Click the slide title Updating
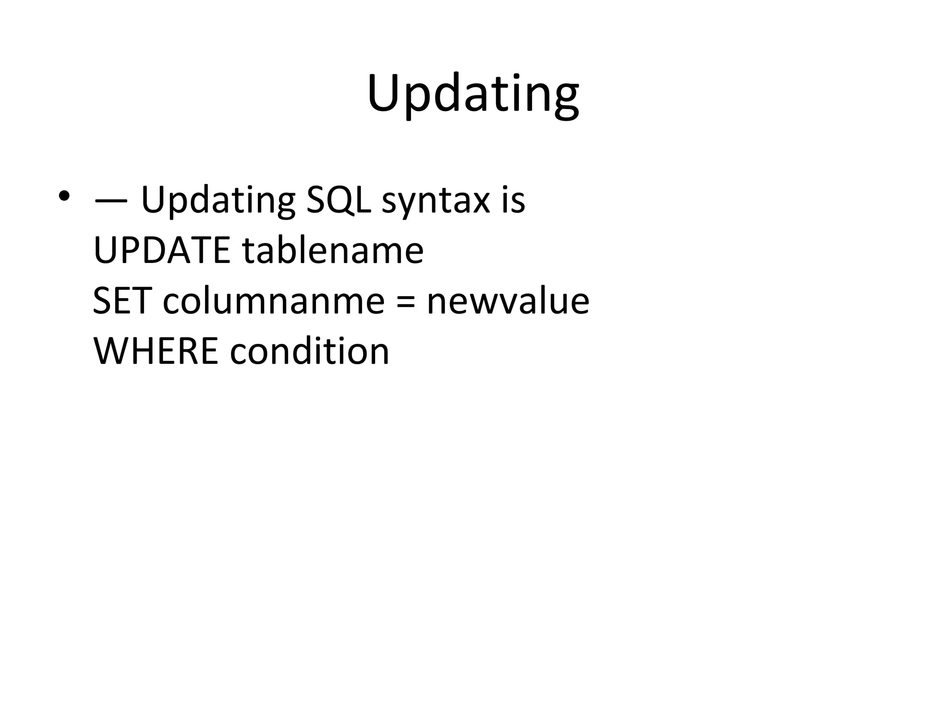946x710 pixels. [x=473, y=95]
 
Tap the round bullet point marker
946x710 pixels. [x=64, y=196]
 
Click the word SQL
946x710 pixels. [x=339, y=200]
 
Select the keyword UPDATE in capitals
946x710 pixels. [x=162, y=250]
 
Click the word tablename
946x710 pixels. [x=333, y=250]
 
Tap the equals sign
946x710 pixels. [x=406, y=302]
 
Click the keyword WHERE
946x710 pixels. [x=156, y=351]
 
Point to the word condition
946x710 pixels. [x=309, y=351]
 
